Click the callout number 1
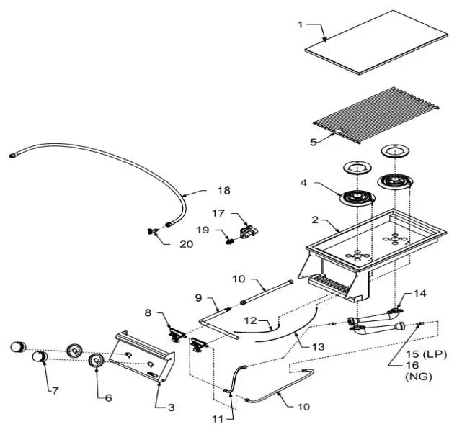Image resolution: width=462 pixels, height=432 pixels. [x=300, y=24]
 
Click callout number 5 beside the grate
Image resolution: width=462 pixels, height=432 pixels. [x=314, y=142]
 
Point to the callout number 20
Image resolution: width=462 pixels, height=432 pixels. [x=186, y=243]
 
